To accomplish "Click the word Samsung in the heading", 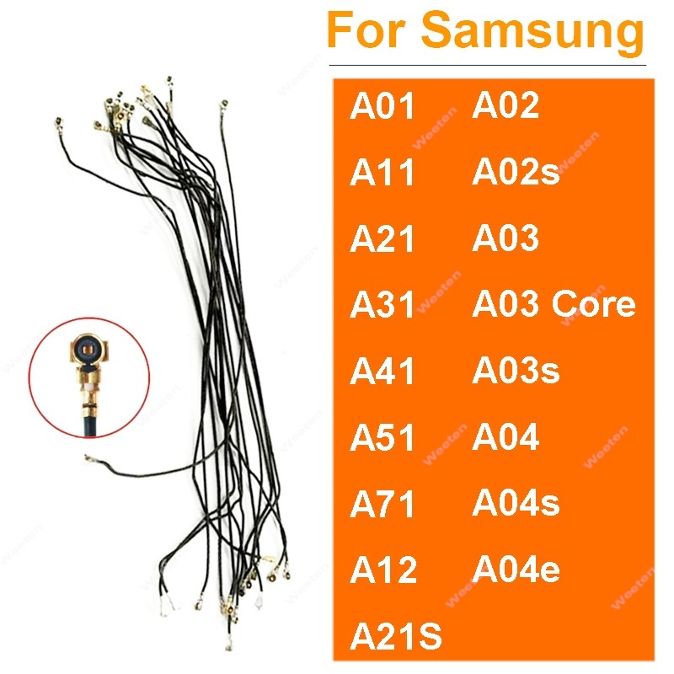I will tap(532, 32).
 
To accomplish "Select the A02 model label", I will tap(505, 106).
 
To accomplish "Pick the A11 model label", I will tap(383, 174).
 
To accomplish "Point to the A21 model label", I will tap(383, 240).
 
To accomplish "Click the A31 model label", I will tap(383, 306).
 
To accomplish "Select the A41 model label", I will tap(383, 372).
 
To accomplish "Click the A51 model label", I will tap(383, 438).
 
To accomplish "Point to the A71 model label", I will tap(383, 505).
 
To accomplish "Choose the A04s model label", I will tap(516, 503).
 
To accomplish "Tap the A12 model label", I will tap(383, 570).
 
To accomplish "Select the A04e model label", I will tap(516, 570).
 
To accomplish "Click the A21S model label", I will tap(396, 634).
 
